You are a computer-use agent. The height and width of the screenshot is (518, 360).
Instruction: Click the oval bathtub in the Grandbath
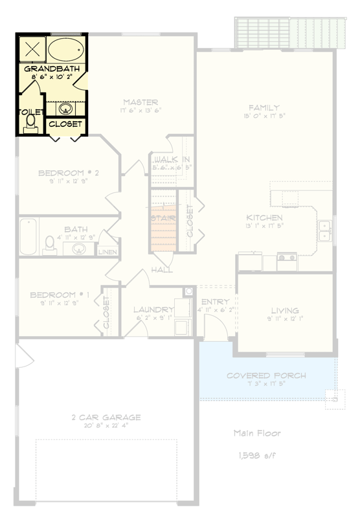coord(66,50)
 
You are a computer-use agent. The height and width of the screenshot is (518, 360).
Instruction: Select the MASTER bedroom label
coord(141,102)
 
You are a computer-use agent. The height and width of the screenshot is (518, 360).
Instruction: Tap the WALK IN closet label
coord(172,159)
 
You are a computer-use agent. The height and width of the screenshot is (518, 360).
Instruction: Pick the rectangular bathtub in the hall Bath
coord(28,238)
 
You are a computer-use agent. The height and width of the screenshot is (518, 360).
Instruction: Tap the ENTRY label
coord(212,302)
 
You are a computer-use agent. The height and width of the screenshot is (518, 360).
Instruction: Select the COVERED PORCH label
coord(266,376)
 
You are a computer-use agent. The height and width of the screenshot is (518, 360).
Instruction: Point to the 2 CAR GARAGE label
coord(106,418)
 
